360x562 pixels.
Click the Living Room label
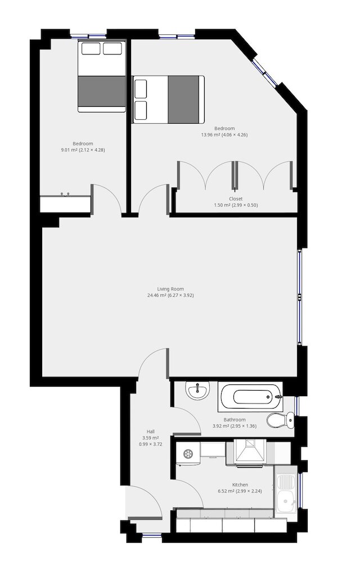pos(170,289)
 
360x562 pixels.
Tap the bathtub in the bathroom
pos(251,397)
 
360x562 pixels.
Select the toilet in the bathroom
pos(280,420)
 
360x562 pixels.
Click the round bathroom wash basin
pos(197,391)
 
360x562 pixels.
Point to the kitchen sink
pos(286,491)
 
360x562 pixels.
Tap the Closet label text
pos(236,198)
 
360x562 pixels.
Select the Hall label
pos(151,432)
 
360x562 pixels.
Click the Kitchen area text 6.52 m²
pos(226,491)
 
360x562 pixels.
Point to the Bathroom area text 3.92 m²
pos(220,426)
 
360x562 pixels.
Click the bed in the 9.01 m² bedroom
pos(102,76)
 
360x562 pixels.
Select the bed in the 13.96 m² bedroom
pos(168,99)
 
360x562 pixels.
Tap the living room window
pos(299,297)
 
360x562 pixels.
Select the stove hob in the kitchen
pos(251,452)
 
